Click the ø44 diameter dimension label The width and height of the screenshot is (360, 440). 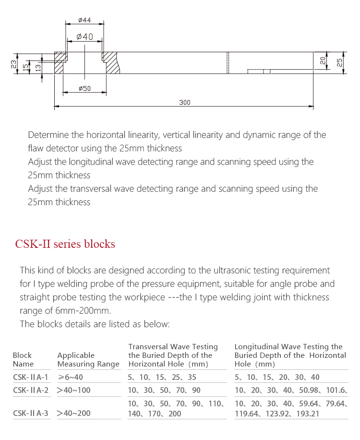[x=84, y=21]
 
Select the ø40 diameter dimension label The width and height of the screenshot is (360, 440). [x=84, y=37]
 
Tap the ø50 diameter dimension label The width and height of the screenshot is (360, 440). [x=84, y=88]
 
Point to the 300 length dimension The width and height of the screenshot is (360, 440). [x=184, y=102]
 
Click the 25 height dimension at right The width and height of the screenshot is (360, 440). [x=339, y=62]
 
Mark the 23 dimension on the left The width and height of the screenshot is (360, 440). [x=14, y=63]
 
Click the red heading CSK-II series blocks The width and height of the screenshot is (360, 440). [x=65, y=244]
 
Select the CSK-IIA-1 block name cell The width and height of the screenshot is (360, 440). [x=30, y=378]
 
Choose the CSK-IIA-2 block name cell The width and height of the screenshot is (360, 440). [x=31, y=391]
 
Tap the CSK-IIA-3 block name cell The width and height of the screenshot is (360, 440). [x=31, y=413]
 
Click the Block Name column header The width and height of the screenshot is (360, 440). [x=23, y=359]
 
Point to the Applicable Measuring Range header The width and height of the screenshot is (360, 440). [x=88, y=359]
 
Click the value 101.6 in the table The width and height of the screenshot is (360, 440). [x=332, y=391]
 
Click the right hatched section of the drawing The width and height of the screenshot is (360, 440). [x=112, y=63]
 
